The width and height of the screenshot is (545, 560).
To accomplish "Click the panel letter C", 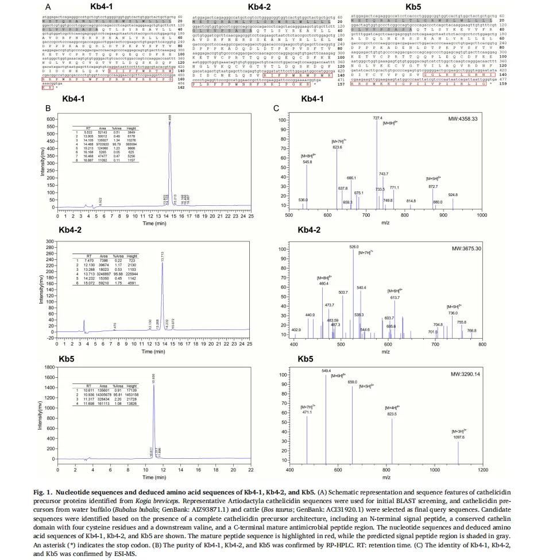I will [x=276, y=108].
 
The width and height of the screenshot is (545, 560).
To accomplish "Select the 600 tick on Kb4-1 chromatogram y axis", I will [x=52, y=119].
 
